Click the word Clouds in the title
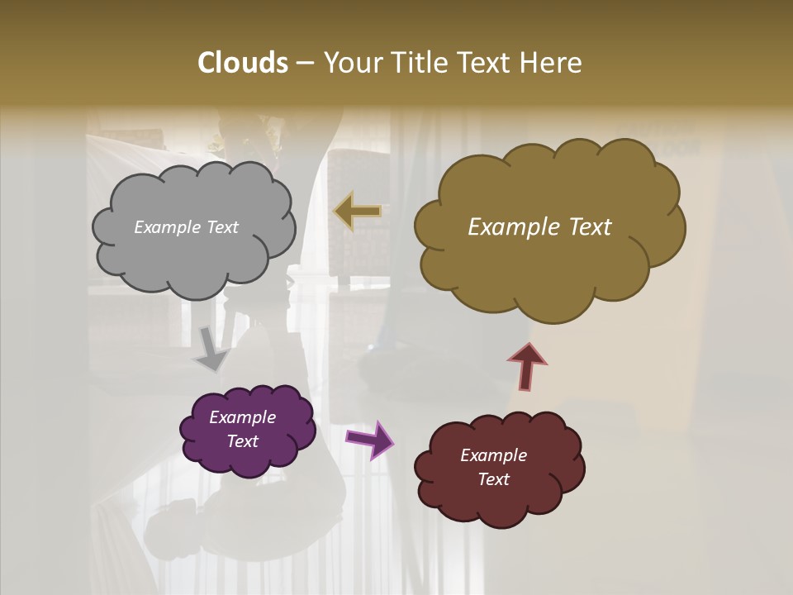point(243,63)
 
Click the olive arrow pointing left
point(358,211)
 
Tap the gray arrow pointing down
point(212,349)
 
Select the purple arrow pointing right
point(371,439)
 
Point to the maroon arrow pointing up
point(527,366)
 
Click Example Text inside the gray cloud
point(186,227)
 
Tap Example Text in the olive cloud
point(539,227)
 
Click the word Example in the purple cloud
point(242,418)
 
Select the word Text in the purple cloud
point(242,441)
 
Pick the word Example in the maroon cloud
point(493,456)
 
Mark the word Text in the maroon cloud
point(493,479)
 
